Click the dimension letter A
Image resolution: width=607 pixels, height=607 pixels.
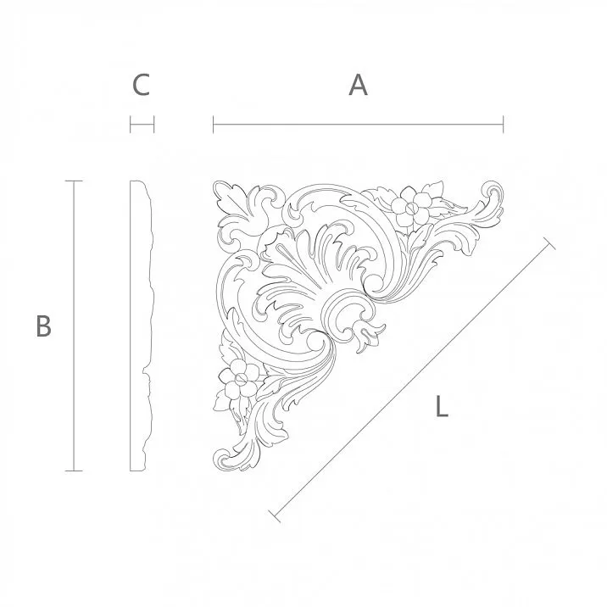(359, 85)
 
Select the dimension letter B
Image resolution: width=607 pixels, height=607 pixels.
(44, 326)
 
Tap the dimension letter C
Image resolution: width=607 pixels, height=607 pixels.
(142, 85)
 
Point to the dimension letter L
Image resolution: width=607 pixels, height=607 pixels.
(441, 408)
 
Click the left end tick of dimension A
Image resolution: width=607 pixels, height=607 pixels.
(214, 125)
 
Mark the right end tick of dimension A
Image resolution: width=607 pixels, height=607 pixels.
(504, 125)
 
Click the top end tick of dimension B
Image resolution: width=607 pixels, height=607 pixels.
(74, 181)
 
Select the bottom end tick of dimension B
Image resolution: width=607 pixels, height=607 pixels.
(74, 470)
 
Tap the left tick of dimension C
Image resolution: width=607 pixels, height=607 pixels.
(131, 125)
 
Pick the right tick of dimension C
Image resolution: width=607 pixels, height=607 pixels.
(153, 125)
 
